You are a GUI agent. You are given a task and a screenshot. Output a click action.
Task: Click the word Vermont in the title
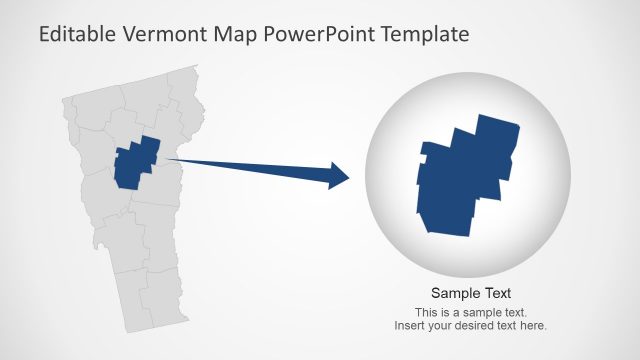click(x=167, y=34)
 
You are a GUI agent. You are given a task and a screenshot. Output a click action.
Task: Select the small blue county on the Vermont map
click(x=137, y=162)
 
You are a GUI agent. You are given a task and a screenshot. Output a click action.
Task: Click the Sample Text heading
click(x=471, y=293)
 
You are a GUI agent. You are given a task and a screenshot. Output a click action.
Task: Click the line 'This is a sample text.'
click(x=471, y=312)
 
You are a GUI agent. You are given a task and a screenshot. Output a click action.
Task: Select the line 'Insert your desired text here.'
click(x=471, y=325)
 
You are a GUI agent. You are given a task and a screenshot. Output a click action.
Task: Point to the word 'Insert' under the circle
click(x=410, y=325)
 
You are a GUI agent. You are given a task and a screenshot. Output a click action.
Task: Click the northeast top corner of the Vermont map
click(x=196, y=68)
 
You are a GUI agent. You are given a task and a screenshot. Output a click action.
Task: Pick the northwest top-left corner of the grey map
click(x=64, y=99)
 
